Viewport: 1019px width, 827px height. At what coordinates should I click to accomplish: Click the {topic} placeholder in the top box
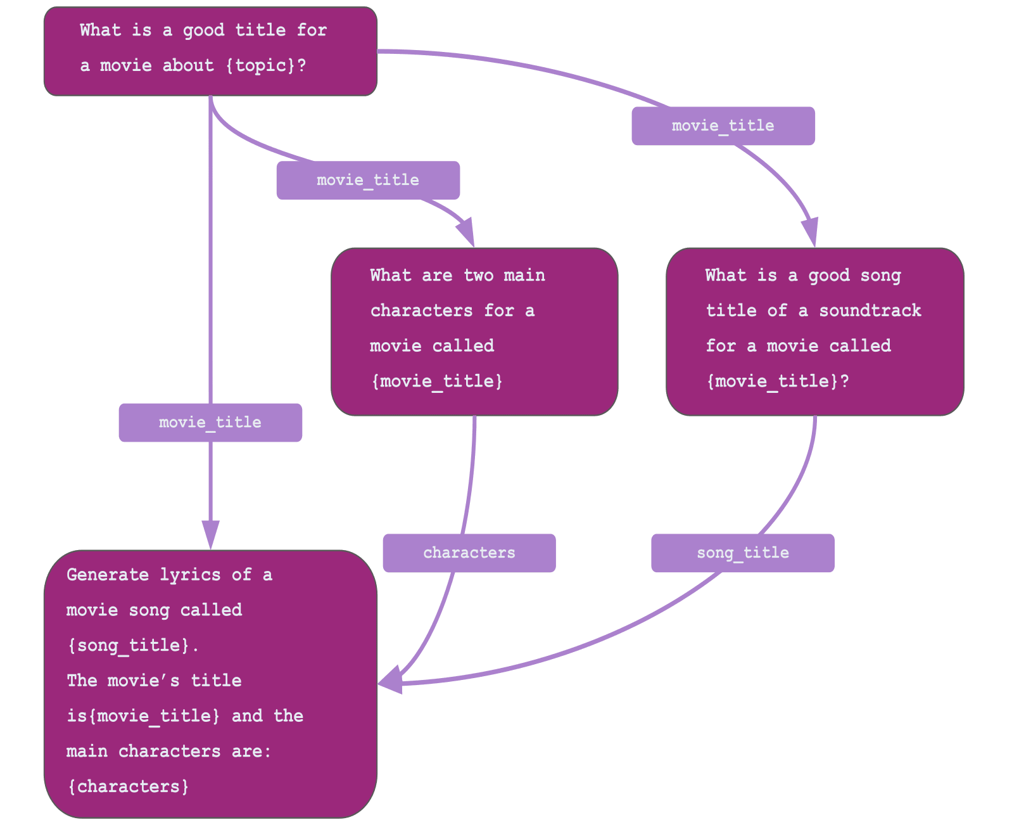(260, 65)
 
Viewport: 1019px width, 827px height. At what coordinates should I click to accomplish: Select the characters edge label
(469, 553)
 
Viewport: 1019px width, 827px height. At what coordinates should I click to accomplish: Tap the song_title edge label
(742, 553)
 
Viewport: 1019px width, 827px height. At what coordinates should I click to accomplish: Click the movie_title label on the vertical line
(210, 422)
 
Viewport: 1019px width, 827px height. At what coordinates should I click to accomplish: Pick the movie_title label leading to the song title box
(723, 125)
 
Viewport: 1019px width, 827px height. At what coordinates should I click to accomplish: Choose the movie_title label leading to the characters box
(368, 180)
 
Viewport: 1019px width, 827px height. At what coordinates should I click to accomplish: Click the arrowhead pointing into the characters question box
(467, 231)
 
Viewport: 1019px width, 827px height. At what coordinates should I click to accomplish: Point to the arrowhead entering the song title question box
(811, 232)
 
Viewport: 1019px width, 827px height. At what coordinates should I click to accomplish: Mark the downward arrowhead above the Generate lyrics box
(210, 534)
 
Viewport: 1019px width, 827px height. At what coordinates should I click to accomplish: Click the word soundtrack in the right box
(870, 311)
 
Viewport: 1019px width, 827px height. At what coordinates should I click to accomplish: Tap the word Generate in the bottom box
(108, 575)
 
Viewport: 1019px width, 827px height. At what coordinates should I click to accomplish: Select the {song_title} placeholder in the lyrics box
(129, 645)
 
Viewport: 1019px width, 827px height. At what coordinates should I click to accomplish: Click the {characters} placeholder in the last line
(129, 786)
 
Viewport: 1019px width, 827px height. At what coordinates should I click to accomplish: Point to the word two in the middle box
(478, 275)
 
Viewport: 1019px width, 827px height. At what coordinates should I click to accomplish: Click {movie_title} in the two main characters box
(436, 381)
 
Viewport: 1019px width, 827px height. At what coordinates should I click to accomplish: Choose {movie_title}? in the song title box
(777, 381)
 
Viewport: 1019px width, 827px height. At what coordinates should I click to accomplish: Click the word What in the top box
(100, 30)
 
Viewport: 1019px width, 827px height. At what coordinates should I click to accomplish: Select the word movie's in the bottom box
(144, 681)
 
